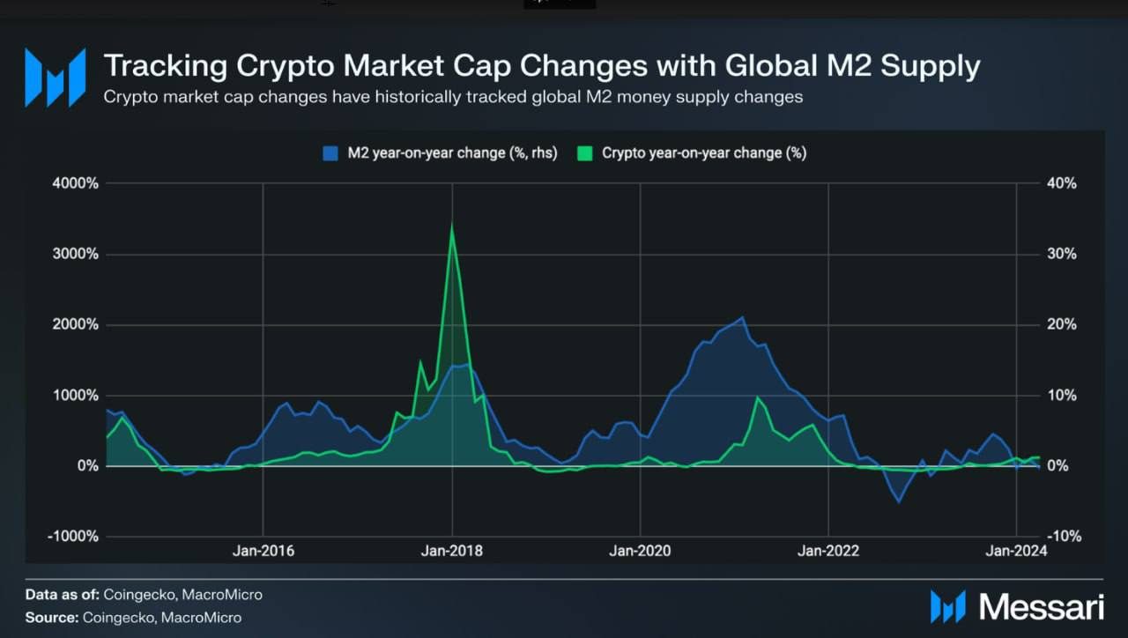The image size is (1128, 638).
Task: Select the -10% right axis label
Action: [x=1062, y=536]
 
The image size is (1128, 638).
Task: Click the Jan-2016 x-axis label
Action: [x=263, y=552]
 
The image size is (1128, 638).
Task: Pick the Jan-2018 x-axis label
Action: [x=452, y=552]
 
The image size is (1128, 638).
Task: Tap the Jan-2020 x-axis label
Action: [x=640, y=552]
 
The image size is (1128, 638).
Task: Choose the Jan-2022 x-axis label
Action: [x=828, y=552]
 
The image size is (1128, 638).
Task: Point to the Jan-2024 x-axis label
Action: [x=1016, y=552]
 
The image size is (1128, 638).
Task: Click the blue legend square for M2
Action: [x=330, y=153]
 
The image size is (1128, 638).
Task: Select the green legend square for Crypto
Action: [x=584, y=153]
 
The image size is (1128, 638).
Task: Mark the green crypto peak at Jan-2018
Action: [x=452, y=226]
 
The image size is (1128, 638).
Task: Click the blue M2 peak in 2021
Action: [x=743, y=317]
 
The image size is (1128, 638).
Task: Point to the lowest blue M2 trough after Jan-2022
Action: [x=899, y=501]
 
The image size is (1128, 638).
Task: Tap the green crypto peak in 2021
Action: [x=758, y=397]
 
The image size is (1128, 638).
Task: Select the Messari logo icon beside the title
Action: [x=56, y=78]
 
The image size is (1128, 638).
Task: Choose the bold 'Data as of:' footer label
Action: [x=63, y=595]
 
